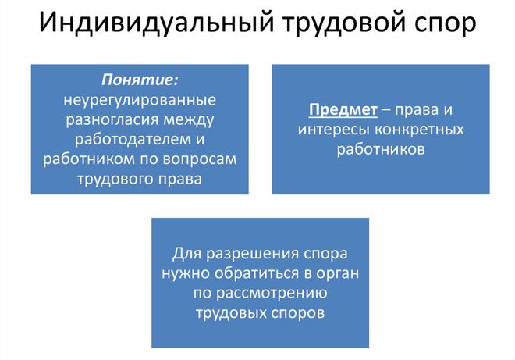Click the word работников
(381, 148)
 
